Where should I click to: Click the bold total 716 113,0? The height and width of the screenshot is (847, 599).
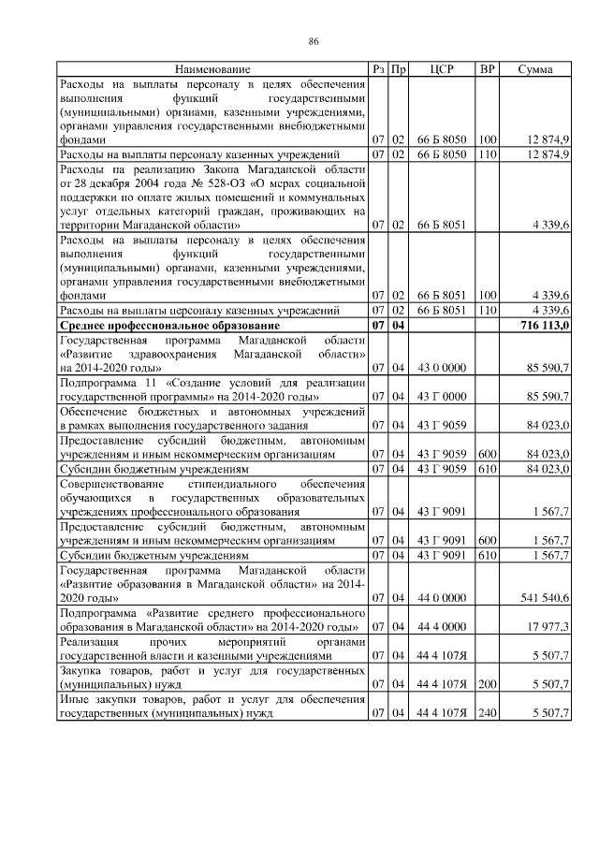coord(543,325)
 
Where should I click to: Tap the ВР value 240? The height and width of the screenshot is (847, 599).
coord(487,714)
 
